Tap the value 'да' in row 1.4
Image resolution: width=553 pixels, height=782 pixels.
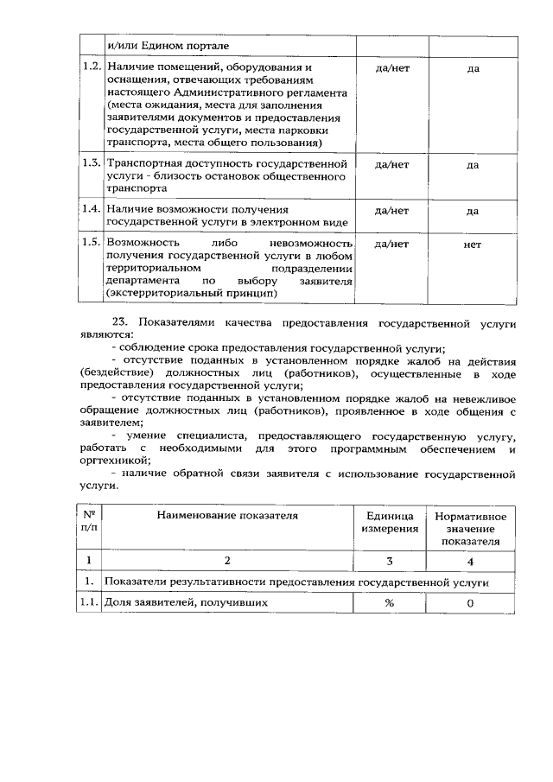click(472, 210)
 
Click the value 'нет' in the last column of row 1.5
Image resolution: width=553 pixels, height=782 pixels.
click(472, 245)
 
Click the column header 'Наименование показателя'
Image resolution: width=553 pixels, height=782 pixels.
click(227, 515)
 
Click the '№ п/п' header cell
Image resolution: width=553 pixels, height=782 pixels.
click(89, 521)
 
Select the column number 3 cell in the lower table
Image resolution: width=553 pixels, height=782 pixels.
click(391, 561)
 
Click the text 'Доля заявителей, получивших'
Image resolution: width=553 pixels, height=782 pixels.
click(180, 603)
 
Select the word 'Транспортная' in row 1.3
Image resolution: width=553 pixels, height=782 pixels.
click(143, 162)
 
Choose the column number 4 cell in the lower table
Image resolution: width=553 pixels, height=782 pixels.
click(471, 561)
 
